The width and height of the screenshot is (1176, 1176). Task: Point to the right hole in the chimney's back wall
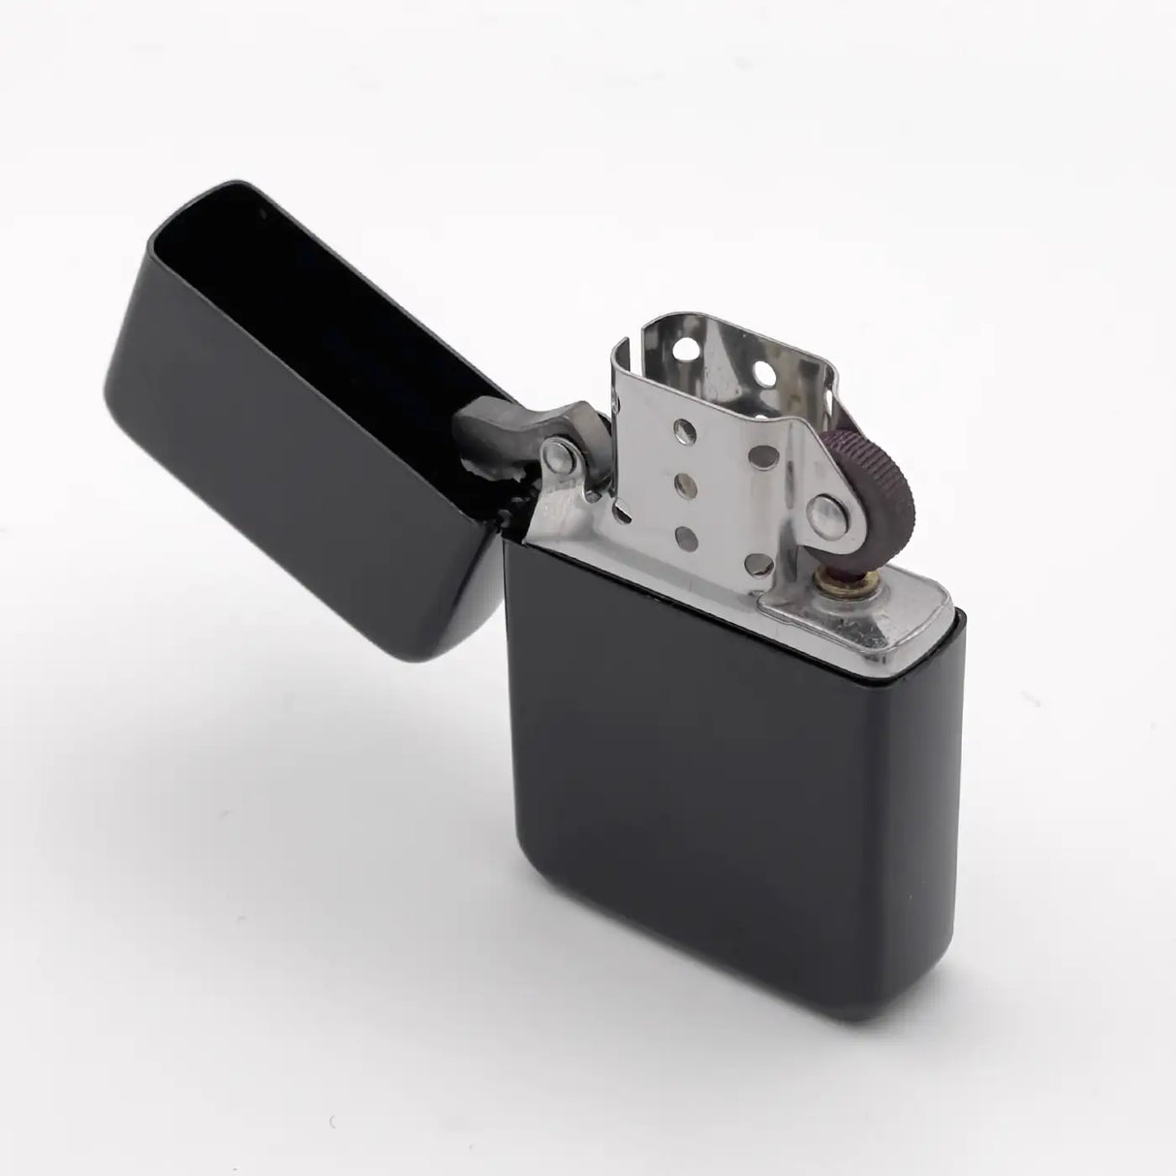(x=763, y=371)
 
